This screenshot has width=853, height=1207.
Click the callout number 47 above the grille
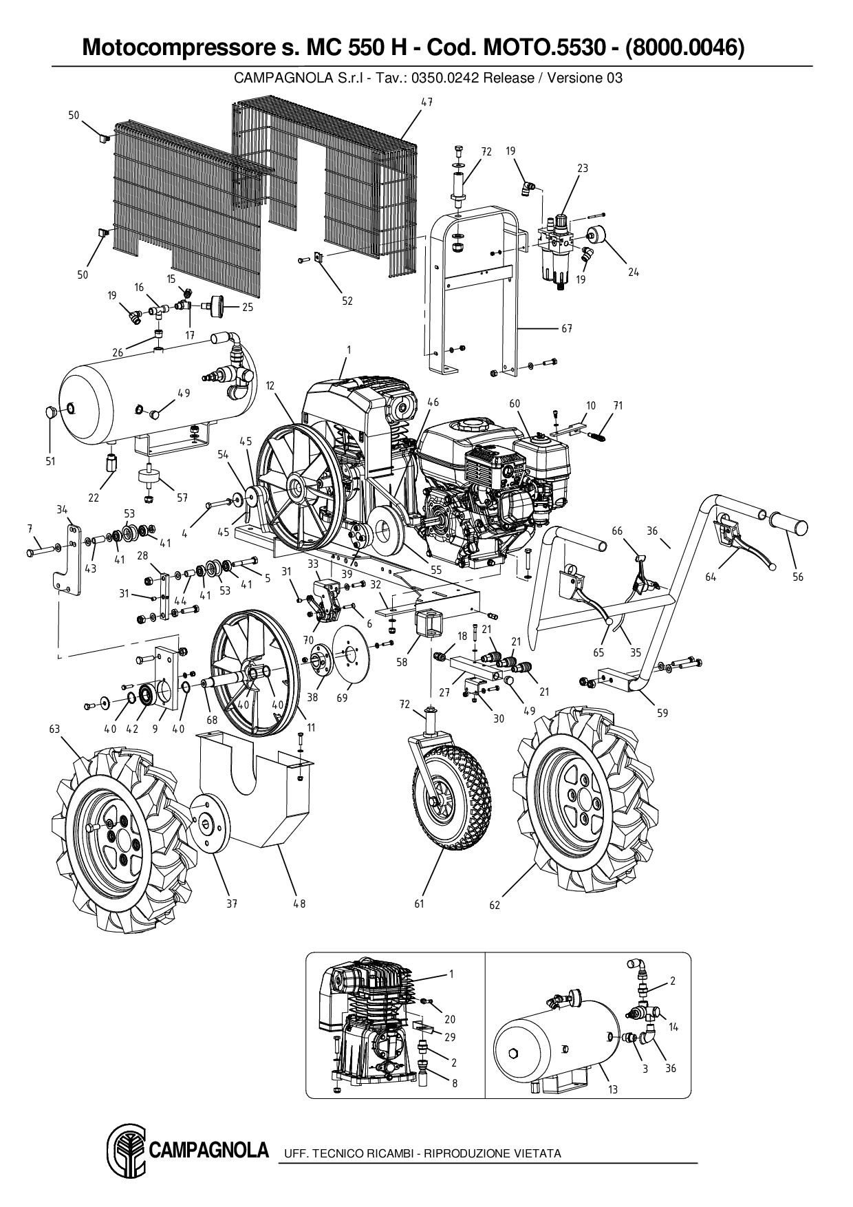tap(426, 102)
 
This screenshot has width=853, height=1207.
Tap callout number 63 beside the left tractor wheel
tap(54, 729)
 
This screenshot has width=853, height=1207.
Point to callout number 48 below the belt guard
tap(299, 904)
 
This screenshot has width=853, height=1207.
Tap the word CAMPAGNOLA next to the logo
tap(209, 1150)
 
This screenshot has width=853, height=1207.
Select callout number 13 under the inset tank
tap(613, 1089)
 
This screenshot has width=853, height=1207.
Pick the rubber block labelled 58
tap(429, 627)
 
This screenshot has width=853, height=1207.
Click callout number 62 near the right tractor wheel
tap(495, 905)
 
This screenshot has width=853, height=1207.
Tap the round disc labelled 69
tap(352, 660)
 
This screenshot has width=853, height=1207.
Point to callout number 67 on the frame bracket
tap(566, 328)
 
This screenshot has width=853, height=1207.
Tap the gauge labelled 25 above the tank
tap(219, 306)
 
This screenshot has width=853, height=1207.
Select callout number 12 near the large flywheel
tap(270, 386)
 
